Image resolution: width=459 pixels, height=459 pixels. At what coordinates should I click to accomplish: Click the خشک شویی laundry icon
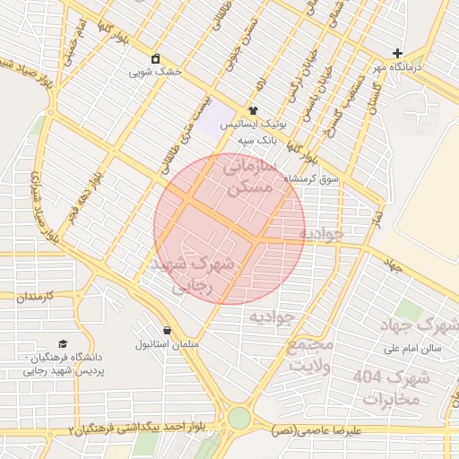[157, 58]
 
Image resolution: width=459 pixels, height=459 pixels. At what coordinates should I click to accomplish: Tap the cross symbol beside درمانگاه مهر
[398, 54]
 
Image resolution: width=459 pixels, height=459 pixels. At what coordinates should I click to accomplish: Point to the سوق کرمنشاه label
[312, 178]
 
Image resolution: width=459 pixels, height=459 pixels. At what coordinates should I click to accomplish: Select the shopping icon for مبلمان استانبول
[167, 330]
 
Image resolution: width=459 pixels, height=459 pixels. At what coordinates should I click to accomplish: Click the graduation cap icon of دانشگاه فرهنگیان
[63, 344]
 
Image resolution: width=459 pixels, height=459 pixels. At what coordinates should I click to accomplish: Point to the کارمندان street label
[37, 296]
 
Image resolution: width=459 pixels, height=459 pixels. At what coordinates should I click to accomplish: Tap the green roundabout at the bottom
[238, 419]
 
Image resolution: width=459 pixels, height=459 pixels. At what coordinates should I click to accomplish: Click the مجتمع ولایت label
[311, 355]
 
